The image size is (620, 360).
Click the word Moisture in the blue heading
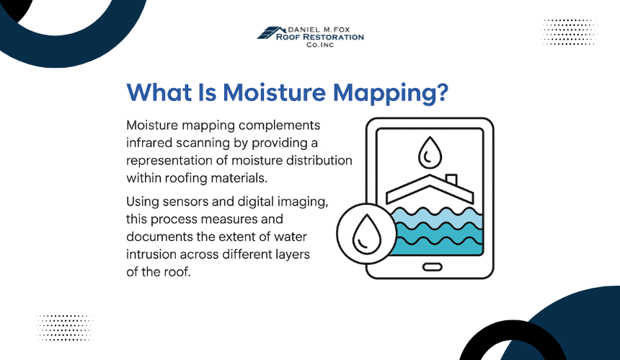point(275,92)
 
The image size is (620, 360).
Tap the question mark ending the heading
point(443,92)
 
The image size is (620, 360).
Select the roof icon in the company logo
point(271,33)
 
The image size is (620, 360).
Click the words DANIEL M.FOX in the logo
point(319,30)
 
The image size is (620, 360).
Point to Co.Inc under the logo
point(320,45)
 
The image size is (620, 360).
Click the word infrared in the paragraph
point(149,142)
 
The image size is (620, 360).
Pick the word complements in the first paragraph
point(279,125)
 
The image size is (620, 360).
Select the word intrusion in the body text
point(151,254)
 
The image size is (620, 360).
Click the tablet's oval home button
point(432,268)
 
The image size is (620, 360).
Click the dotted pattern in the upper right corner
point(569,32)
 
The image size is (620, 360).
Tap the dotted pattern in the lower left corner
point(64,328)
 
